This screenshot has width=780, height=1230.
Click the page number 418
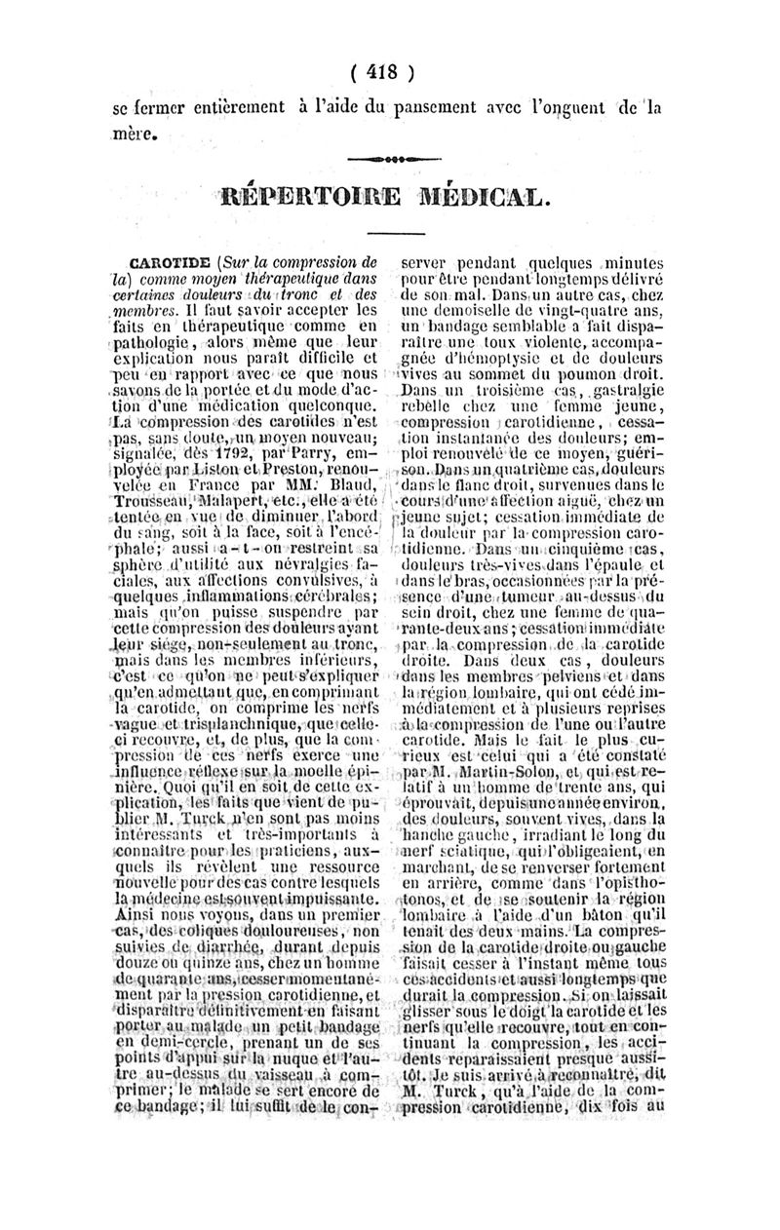(x=391, y=72)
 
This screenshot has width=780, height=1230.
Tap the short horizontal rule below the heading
(x=390, y=230)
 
